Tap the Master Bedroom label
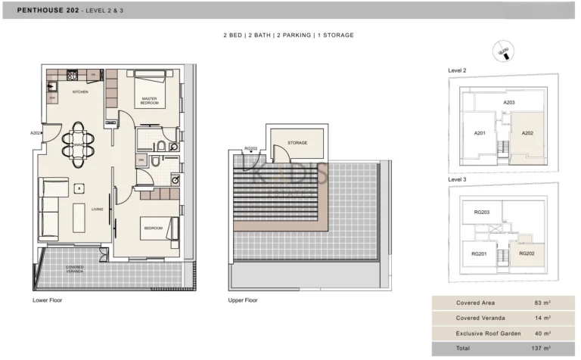click(149, 100)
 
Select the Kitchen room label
click(80, 92)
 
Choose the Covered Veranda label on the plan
click(74, 269)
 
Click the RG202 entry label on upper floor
click(251, 149)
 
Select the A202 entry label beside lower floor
click(35, 133)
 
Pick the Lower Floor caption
click(47, 300)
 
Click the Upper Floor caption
click(242, 300)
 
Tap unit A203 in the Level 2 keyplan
click(510, 102)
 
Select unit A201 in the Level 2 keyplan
click(480, 133)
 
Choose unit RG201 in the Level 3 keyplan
click(479, 254)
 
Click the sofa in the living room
click(51, 209)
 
